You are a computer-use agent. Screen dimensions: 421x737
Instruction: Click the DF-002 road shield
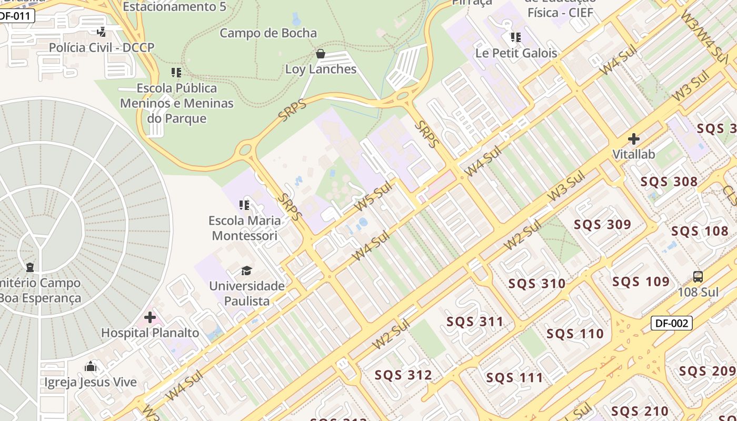click(x=671, y=323)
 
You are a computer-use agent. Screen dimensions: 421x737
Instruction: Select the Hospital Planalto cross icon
click(x=150, y=317)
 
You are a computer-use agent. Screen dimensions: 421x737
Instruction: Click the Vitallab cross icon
click(x=634, y=139)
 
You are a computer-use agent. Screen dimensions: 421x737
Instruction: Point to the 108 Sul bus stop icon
click(x=698, y=276)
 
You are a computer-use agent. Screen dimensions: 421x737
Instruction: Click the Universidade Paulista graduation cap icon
click(x=246, y=270)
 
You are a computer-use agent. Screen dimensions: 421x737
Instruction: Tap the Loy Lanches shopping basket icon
click(x=320, y=54)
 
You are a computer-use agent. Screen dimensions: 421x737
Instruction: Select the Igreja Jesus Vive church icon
click(x=91, y=366)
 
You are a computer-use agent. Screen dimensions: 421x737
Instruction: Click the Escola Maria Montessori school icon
click(x=244, y=205)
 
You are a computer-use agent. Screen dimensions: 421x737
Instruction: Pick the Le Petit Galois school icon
click(x=516, y=37)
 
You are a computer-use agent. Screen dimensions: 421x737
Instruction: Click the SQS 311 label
click(x=475, y=322)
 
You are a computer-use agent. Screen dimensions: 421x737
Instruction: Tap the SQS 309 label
click(x=602, y=225)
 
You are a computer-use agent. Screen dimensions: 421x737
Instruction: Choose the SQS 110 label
click(x=575, y=334)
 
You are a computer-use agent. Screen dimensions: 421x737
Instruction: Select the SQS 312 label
click(x=403, y=375)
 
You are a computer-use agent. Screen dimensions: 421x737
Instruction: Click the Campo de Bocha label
click(x=268, y=33)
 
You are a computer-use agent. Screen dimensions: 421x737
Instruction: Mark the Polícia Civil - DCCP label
click(x=102, y=48)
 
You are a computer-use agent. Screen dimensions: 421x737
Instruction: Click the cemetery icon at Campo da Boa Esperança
click(x=30, y=267)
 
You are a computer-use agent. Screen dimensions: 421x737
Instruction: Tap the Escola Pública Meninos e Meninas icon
click(x=176, y=72)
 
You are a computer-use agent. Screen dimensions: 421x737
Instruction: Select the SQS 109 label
click(x=641, y=282)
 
